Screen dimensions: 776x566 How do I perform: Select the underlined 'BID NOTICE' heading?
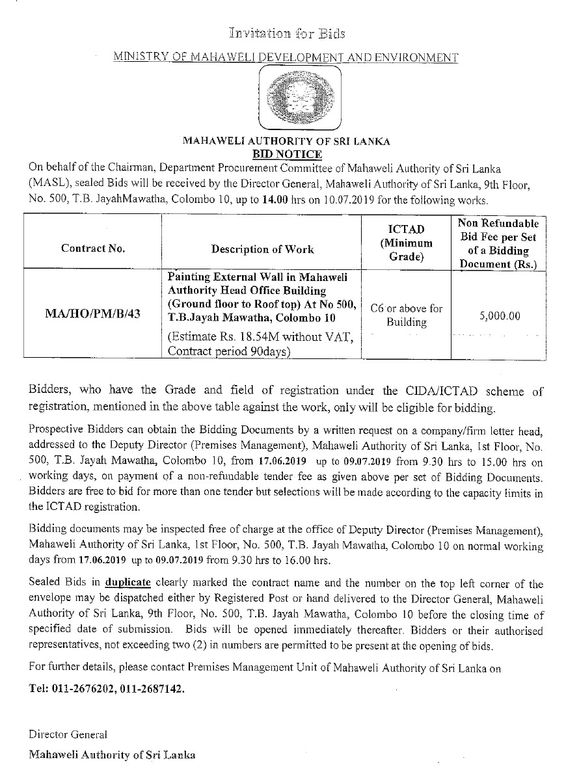tap(287, 154)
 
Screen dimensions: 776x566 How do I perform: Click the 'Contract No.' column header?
tap(93, 248)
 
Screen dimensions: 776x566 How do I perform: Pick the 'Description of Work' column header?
tap(262, 248)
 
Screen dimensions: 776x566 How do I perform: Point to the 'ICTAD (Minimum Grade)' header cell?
tap(406, 243)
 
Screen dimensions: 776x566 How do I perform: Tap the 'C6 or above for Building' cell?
tap(406, 315)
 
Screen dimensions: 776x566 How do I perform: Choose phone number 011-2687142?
tap(152, 689)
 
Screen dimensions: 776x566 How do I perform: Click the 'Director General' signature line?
tap(68, 734)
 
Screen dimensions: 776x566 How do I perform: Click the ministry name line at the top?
tap(286, 58)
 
